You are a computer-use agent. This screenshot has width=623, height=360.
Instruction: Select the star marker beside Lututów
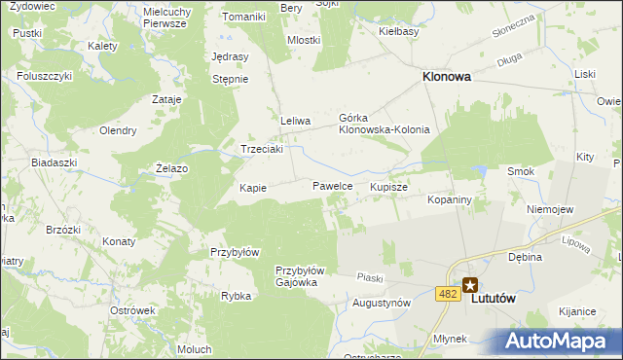[x=470, y=285]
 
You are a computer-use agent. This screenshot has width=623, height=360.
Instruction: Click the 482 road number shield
[x=448, y=293]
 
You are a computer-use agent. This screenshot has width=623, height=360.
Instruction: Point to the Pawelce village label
[x=331, y=185]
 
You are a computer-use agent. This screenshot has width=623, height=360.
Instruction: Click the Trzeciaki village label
[x=262, y=150]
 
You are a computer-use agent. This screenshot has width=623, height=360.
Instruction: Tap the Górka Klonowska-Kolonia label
[x=383, y=124]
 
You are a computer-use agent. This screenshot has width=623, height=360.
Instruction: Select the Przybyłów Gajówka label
[x=305, y=276]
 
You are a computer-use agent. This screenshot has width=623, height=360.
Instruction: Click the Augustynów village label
[x=381, y=303]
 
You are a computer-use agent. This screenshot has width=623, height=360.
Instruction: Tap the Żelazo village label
[x=171, y=168]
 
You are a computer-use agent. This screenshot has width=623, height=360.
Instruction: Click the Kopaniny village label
[x=449, y=199]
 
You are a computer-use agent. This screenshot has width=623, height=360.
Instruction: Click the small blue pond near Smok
[x=478, y=171]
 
